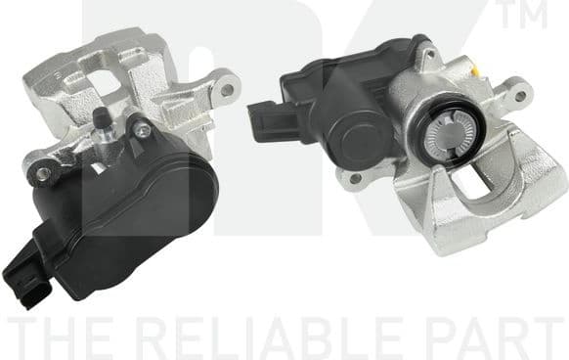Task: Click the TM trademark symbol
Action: pyautogui.click(x=540, y=15)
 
